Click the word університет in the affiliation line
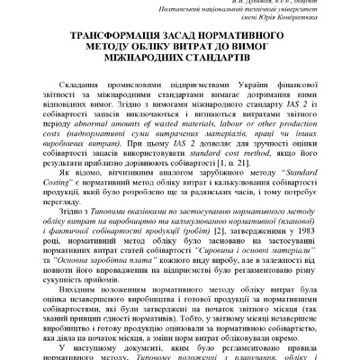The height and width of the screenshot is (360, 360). pos(298,13)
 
